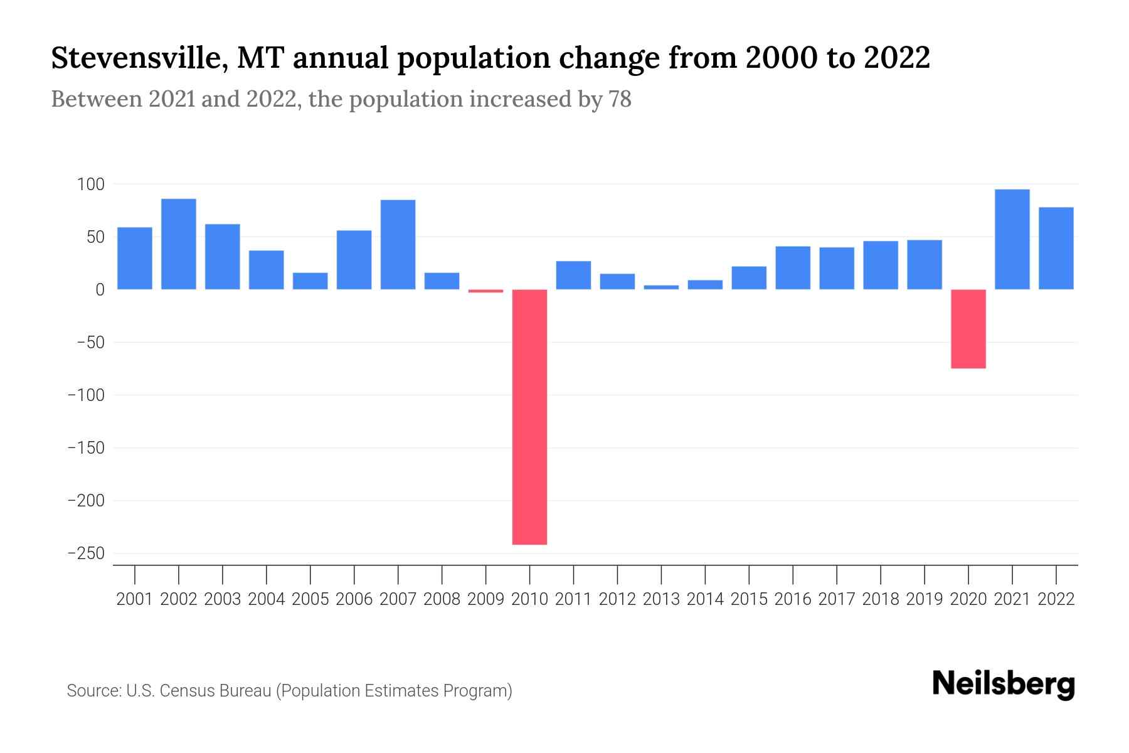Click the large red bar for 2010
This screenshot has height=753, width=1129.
[x=529, y=417]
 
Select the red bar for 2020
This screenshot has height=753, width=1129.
[x=968, y=329]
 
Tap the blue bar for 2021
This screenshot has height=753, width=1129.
[x=1012, y=239]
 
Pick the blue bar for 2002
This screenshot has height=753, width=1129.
[x=179, y=244]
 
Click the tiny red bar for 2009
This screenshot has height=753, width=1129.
[x=485, y=291]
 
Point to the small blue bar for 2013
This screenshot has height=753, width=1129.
[x=661, y=287]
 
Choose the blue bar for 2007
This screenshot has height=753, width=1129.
[x=398, y=244]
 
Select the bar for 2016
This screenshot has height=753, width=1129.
[x=793, y=268]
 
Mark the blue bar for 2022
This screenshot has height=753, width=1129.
[x=1056, y=248]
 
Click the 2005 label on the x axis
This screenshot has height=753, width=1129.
[x=310, y=599]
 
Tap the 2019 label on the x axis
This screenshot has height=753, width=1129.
[x=925, y=599]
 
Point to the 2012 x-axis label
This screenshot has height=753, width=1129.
[x=617, y=599]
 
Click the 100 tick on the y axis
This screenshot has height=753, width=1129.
[x=90, y=184]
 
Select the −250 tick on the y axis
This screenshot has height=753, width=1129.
[x=86, y=553]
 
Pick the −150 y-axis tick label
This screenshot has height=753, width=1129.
[x=86, y=448]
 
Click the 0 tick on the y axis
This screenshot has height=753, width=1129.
[x=100, y=290]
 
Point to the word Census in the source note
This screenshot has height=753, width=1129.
[x=186, y=691]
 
